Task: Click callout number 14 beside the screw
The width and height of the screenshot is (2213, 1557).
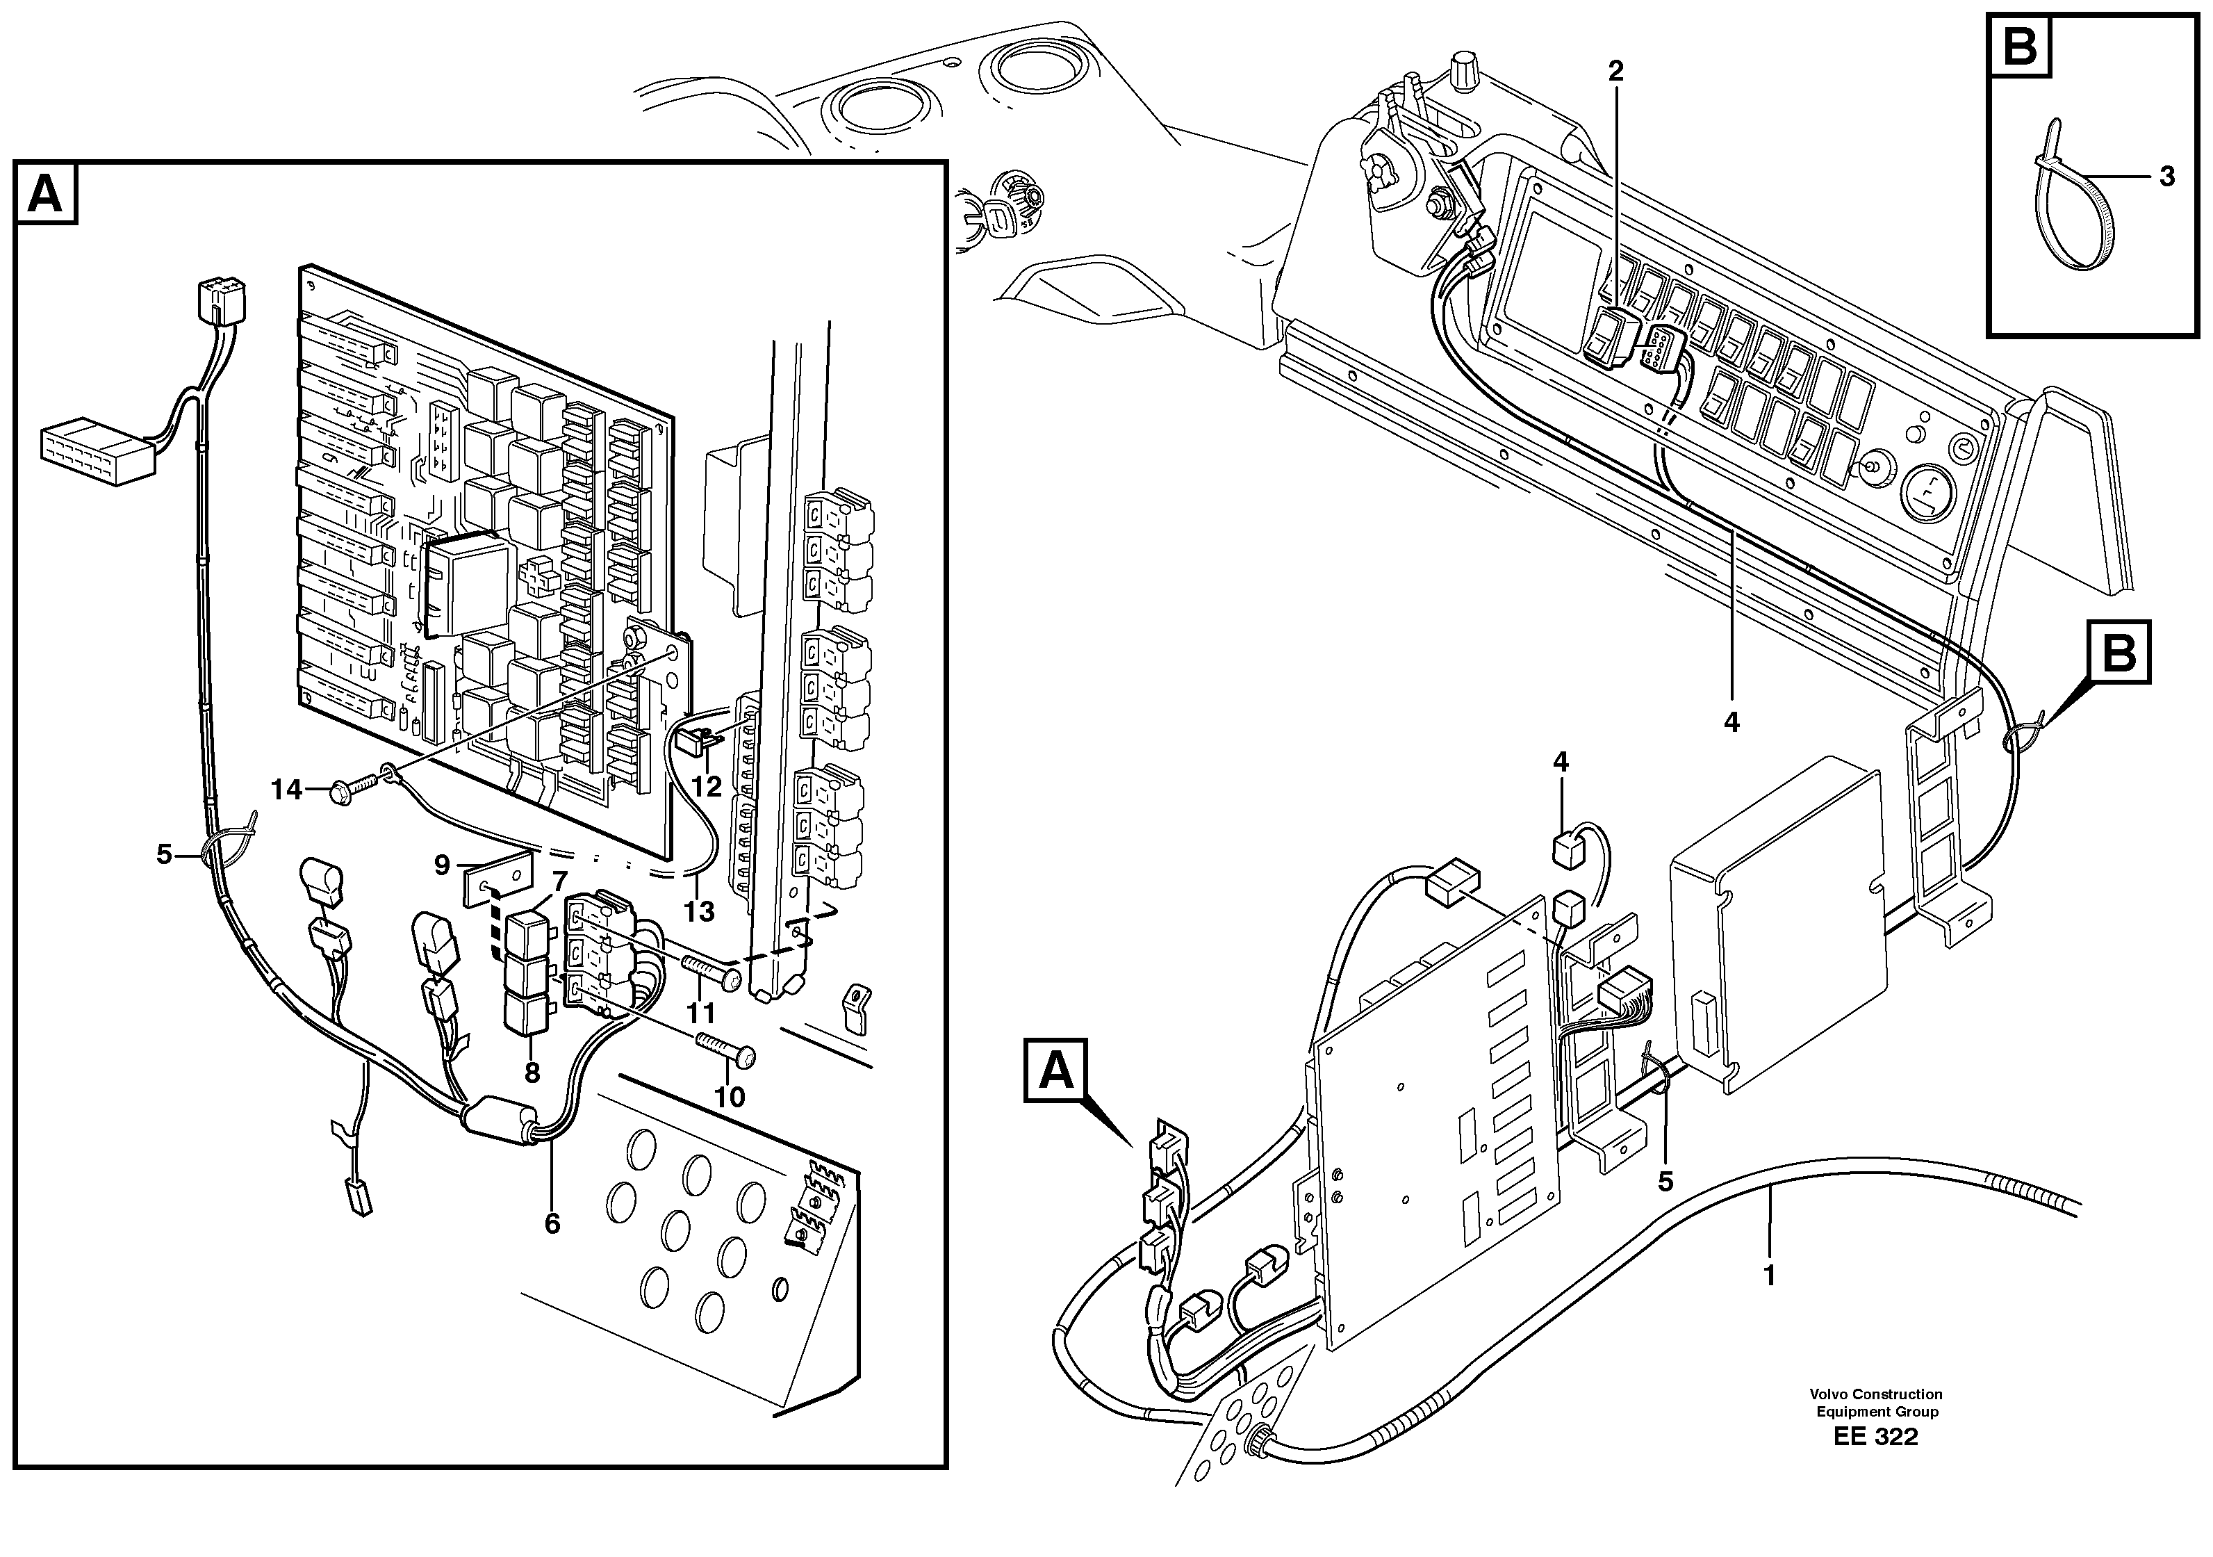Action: tap(287, 790)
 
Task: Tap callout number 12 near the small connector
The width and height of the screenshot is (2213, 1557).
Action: tap(707, 787)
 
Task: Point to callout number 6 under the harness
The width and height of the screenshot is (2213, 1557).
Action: tap(551, 1223)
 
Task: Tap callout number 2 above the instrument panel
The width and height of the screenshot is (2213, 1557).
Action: tap(1615, 70)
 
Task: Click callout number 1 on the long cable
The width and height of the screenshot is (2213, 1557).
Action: tap(1769, 1275)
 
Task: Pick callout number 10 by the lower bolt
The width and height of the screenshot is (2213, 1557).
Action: tap(730, 1096)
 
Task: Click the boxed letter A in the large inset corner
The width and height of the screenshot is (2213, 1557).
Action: tap(45, 194)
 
